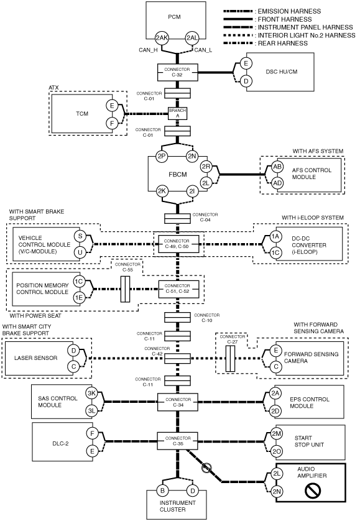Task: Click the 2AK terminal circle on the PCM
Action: (x=162, y=38)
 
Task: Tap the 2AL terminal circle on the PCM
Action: (x=192, y=38)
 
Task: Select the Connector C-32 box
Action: (x=177, y=72)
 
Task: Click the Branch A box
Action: (x=177, y=113)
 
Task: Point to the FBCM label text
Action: (x=178, y=175)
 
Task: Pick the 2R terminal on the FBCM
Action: (x=206, y=167)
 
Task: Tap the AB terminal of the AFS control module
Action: (x=277, y=167)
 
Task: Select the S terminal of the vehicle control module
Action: (x=80, y=236)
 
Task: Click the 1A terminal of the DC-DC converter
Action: (x=275, y=237)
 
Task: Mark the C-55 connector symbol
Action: (x=125, y=289)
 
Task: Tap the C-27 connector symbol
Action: (x=230, y=359)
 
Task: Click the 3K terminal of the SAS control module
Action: (x=91, y=394)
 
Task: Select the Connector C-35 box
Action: (x=177, y=441)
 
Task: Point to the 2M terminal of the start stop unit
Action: (x=277, y=433)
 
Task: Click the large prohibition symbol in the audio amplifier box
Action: (x=313, y=490)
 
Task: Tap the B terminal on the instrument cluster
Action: (x=162, y=491)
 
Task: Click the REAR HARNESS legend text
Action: (x=283, y=43)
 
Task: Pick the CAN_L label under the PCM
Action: (x=203, y=50)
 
